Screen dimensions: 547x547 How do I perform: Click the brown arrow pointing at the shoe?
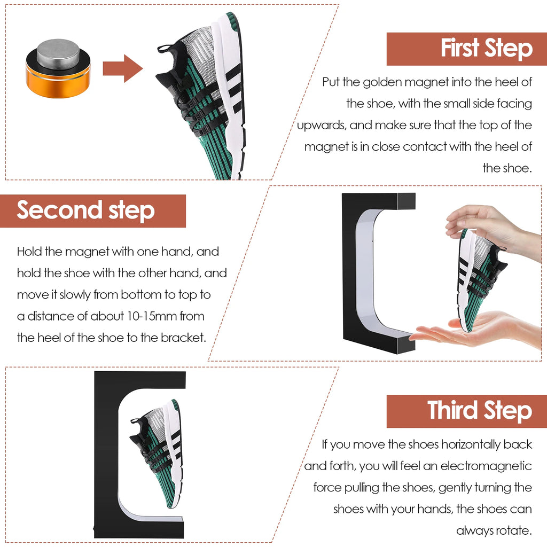122,68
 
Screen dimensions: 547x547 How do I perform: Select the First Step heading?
486,49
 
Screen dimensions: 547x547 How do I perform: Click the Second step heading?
85,210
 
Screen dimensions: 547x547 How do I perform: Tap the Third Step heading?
479,411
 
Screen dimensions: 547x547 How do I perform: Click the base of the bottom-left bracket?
139,529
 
